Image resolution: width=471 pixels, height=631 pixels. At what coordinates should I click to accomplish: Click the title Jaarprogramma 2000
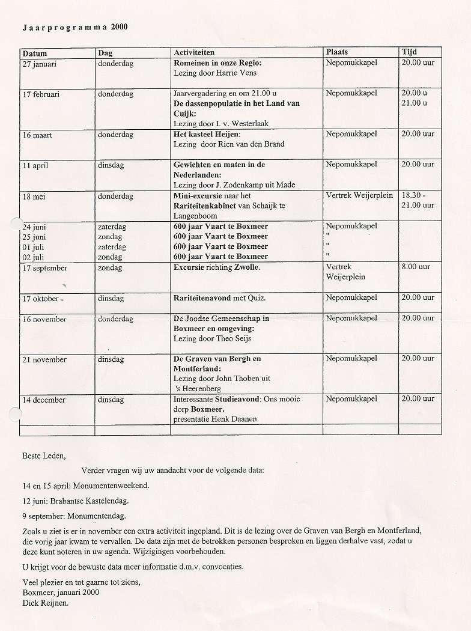tap(75, 27)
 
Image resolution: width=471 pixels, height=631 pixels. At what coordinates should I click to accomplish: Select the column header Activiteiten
tap(193, 53)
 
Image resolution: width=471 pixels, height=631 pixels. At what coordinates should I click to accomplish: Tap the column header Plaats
tap(337, 53)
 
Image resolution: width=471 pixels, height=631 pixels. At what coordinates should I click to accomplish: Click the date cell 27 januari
tap(39, 64)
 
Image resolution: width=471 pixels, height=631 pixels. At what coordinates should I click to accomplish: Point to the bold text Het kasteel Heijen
tap(206, 134)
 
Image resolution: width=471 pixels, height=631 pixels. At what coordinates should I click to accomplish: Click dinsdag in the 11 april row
tap(111, 165)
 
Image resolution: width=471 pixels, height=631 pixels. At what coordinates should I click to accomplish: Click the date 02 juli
tap(35, 257)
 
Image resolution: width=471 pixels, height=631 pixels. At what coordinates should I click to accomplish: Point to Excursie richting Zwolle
tap(217, 267)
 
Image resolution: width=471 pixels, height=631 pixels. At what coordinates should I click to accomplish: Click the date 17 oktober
tap(41, 299)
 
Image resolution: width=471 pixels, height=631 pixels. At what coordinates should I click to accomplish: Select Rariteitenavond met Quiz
tap(220, 298)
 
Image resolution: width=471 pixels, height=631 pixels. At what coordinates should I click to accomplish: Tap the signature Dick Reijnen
tap(45, 603)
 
